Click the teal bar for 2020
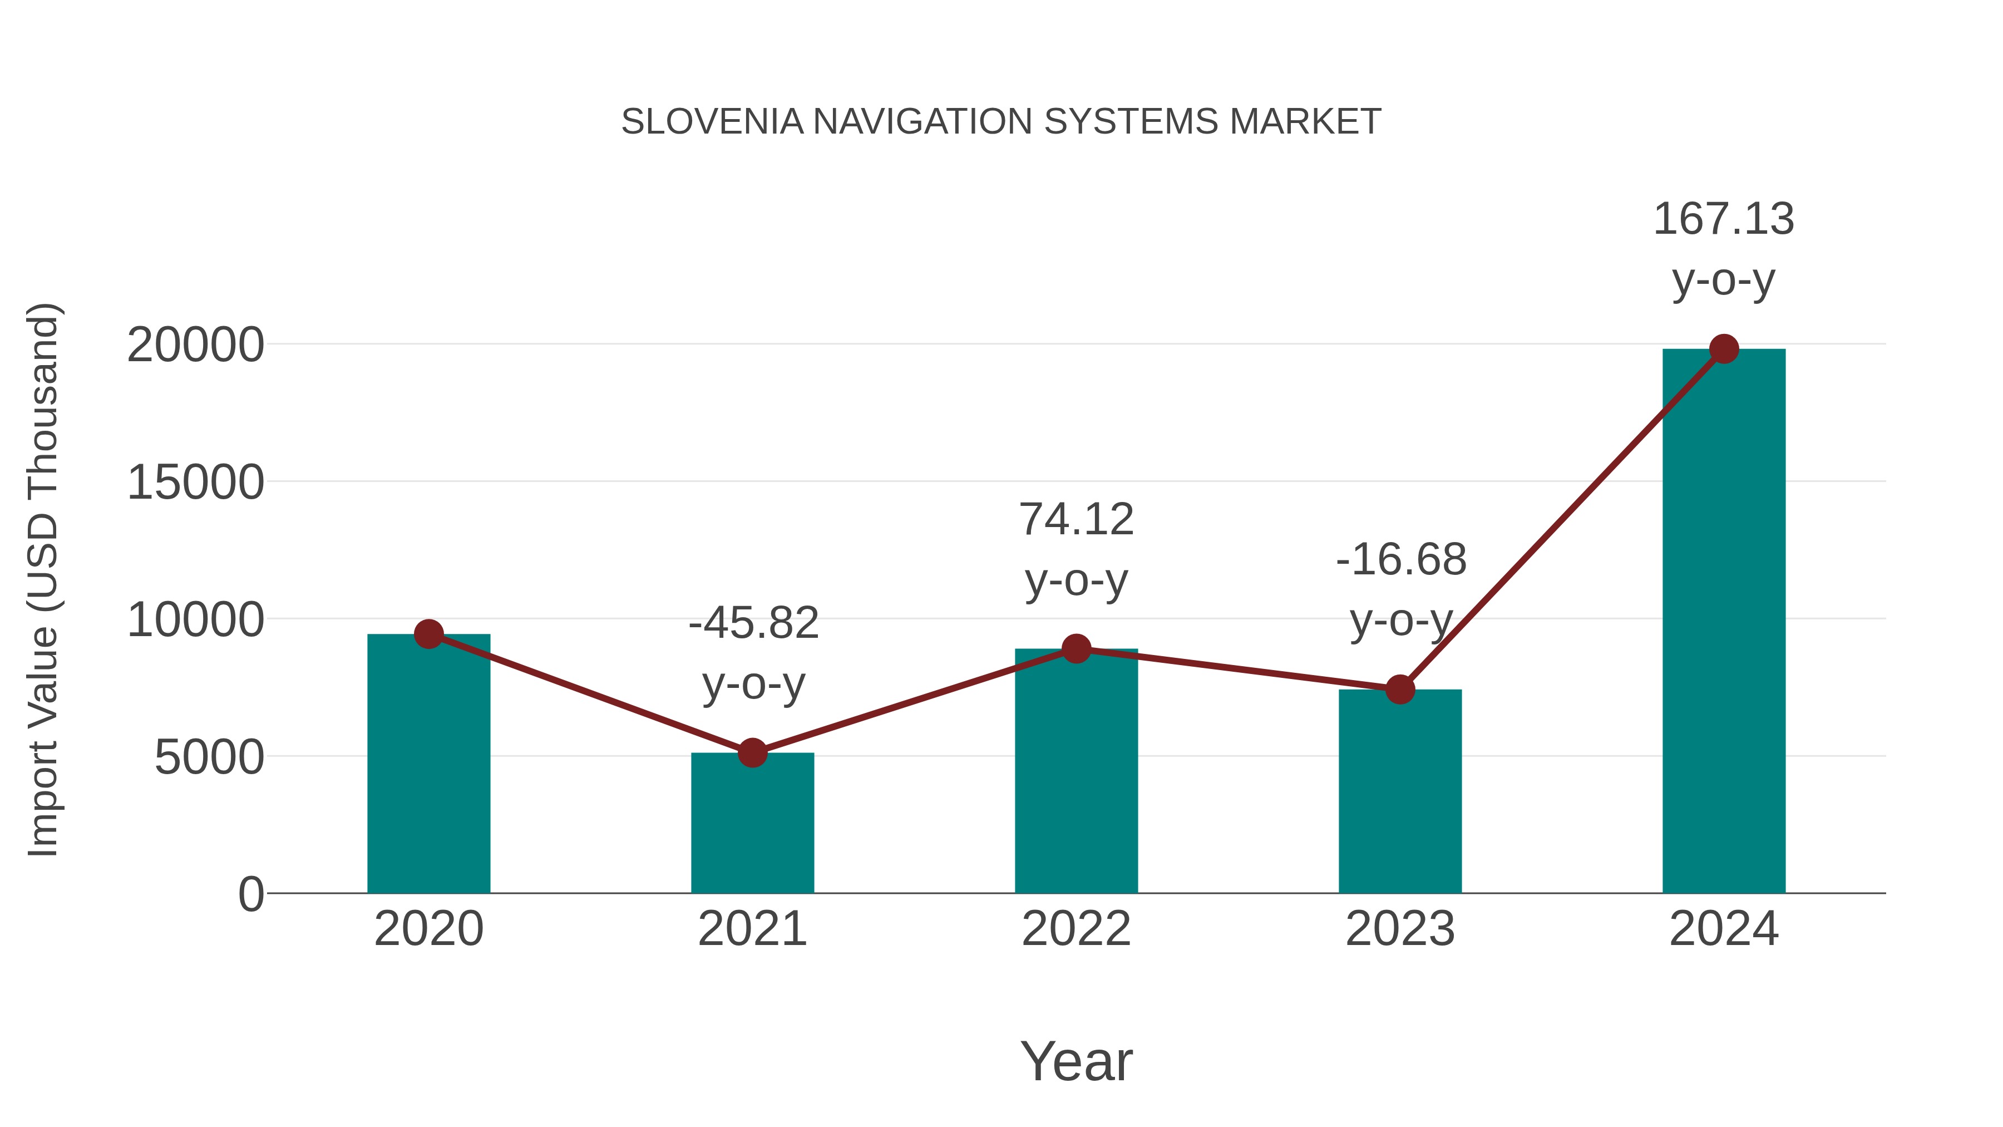428,766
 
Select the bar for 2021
752,824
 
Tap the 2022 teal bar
1076,774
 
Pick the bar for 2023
1400,793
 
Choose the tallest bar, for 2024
1724,622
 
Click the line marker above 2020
428,634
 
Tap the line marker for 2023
1400,689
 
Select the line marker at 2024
1724,349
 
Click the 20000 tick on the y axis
195,345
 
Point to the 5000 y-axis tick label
209,757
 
